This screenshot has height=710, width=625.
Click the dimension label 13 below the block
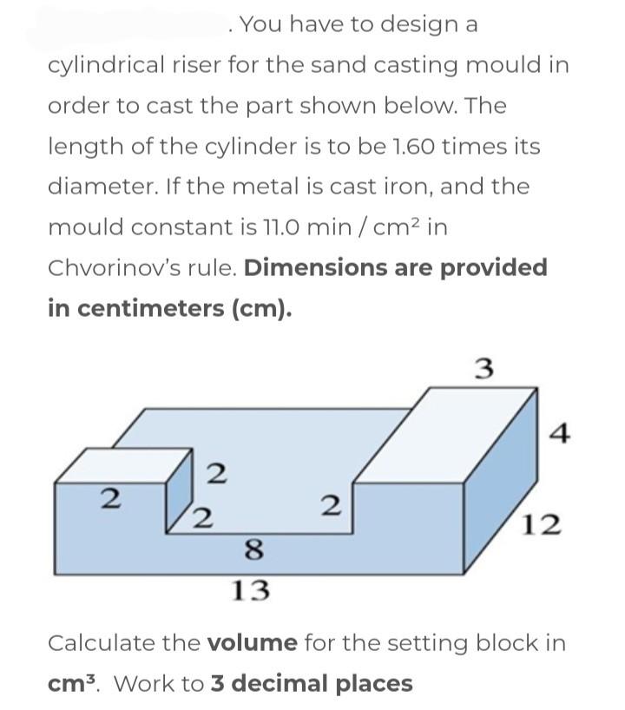click(x=252, y=591)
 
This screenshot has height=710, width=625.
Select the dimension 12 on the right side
click(x=543, y=524)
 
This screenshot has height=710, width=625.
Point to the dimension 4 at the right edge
click(x=561, y=431)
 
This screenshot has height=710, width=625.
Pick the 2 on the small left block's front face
click(x=109, y=499)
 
